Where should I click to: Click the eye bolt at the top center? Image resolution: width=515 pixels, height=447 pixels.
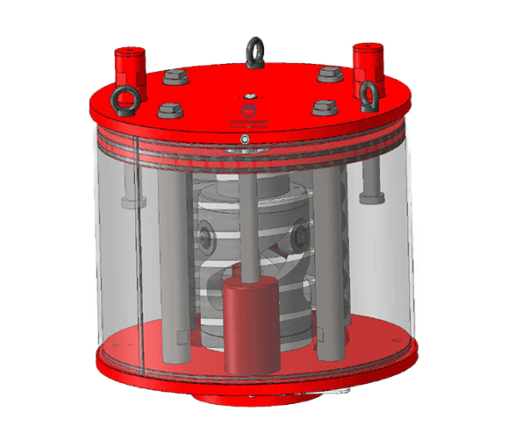[x=255, y=46]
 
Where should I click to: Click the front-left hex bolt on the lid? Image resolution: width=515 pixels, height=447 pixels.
[x=168, y=110]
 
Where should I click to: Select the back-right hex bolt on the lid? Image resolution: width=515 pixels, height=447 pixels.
[x=328, y=74]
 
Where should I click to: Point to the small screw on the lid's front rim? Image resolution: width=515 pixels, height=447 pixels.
[x=247, y=138]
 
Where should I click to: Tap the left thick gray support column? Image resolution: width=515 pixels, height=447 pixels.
[x=174, y=263]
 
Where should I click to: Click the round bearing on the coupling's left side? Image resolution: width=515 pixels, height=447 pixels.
[x=205, y=234]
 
